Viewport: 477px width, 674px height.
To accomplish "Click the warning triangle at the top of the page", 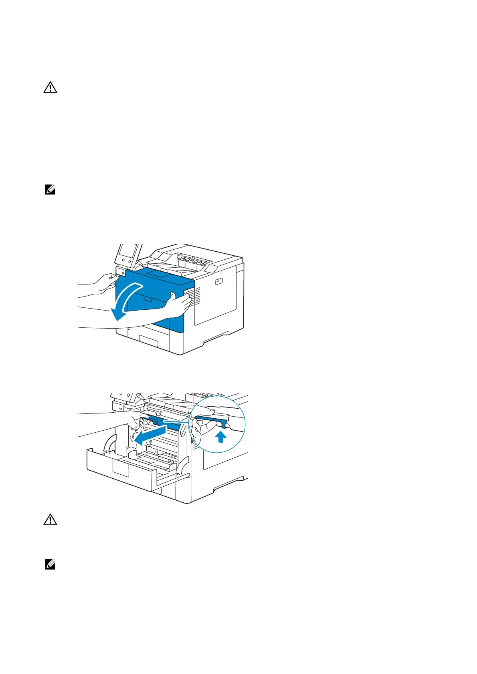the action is point(50,88).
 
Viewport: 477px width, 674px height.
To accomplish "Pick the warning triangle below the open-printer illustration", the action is point(50,520).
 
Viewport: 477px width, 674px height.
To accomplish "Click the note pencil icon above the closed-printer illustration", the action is point(50,191).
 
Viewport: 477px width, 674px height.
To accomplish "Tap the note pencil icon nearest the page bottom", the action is point(50,565).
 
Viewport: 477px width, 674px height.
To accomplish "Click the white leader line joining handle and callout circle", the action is point(176,421).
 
